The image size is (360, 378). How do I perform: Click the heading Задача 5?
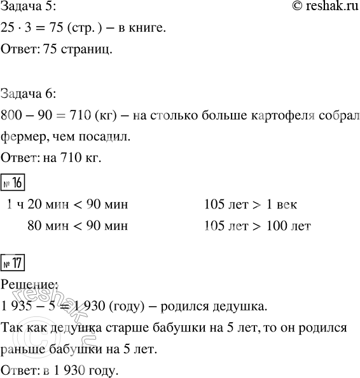point(29,8)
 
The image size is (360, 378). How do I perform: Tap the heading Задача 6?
point(29,95)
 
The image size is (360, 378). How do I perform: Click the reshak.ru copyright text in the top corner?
point(319,8)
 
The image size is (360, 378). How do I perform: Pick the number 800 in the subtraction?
point(13,116)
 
